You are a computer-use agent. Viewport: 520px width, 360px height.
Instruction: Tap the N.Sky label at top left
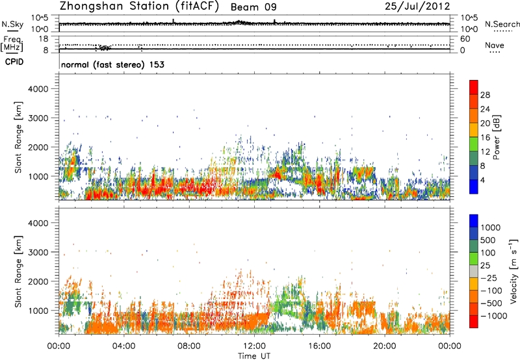(10, 25)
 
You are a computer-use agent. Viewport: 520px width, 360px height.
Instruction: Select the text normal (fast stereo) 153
(112, 65)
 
